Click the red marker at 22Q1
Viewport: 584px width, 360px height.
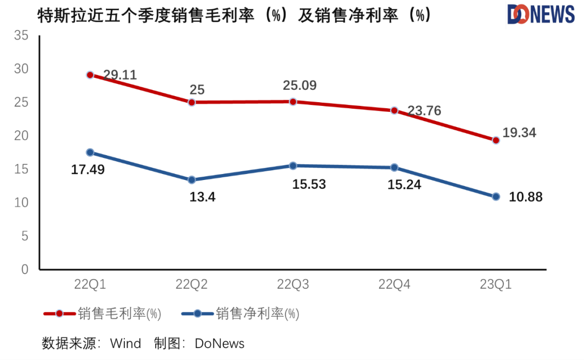(x=90, y=75)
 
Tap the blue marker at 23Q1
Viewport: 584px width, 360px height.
(x=496, y=197)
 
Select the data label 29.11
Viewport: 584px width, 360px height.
(x=120, y=75)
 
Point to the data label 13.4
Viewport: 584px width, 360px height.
(x=202, y=197)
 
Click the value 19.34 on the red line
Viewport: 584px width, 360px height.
(x=519, y=132)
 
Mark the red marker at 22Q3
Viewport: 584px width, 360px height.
(x=293, y=102)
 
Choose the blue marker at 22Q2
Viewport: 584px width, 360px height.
(x=191, y=180)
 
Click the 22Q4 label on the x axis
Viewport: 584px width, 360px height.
(x=394, y=284)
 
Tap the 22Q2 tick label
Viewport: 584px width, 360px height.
(x=191, y=284)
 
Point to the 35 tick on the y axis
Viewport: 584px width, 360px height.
(x=21, y=36)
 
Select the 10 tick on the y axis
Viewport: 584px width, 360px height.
(x=21, y=203)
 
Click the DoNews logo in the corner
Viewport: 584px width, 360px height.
(x=541, y=15)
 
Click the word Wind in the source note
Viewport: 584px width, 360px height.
(x=125, y=343)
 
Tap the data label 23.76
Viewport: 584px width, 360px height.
(x=424, y=111)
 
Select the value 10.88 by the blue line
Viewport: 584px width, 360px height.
(x=526, y=197)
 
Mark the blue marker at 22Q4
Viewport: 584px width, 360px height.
(x=394, y=168)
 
